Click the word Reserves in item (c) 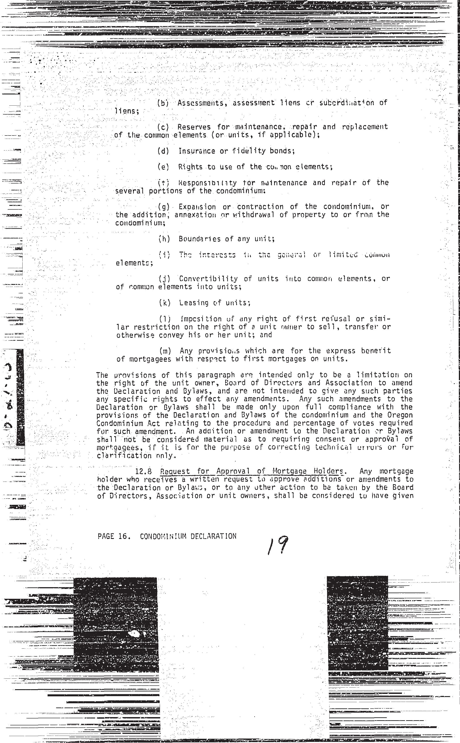coord(194,127)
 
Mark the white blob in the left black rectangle coord(134,634)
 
